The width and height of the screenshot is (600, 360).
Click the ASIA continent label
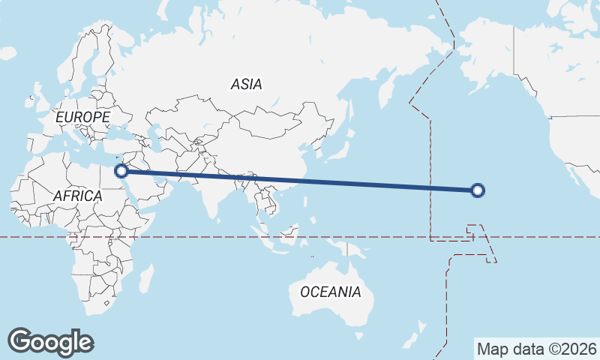coord(247,84)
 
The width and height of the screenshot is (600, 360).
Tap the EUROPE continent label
coord(82,117)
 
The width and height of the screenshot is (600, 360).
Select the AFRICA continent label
coord(77,196)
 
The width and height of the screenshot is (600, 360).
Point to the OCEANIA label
coord(330,292)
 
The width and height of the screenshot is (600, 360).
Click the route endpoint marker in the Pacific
coord(478,190)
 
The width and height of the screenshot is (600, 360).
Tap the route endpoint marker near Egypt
coord(121,171)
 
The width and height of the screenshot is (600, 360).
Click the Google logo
coord(50,342)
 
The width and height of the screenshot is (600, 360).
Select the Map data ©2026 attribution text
coord(536,349)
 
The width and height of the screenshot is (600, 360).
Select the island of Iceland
coord(9,52)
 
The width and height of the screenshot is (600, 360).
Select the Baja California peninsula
coord(577,175)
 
